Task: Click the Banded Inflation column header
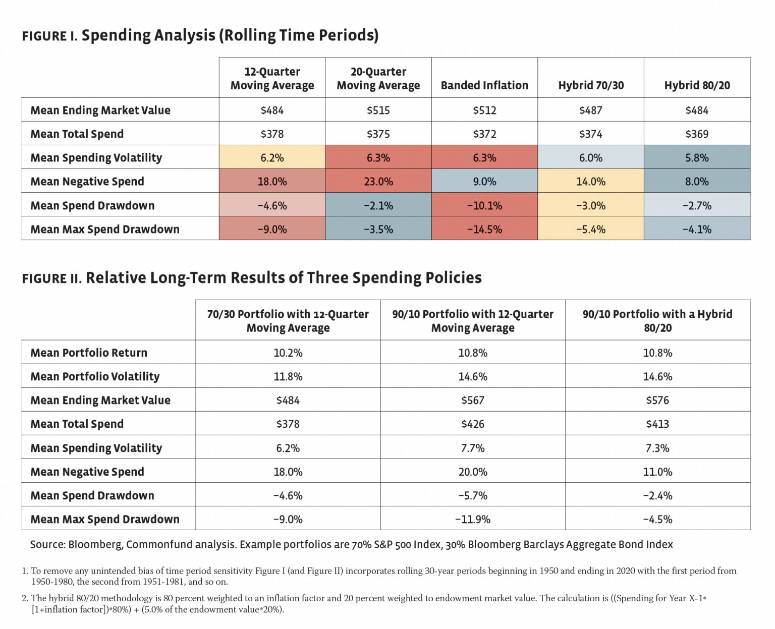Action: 484,85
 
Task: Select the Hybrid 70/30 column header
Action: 591,85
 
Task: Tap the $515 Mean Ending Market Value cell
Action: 378,110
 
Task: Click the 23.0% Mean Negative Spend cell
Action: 378,181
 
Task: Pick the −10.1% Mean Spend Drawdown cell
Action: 484,205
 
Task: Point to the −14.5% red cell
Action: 484,229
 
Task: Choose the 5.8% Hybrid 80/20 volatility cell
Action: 697,157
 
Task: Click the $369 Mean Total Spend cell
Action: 697,134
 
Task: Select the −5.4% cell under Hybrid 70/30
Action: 591,229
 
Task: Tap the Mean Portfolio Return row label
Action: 89,353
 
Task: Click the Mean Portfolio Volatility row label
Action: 95,376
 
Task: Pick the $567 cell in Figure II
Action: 473,400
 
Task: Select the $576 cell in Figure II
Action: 657,400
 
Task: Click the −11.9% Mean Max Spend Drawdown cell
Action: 473,519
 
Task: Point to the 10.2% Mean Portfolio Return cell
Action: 288,353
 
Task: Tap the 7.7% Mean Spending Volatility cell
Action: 473,448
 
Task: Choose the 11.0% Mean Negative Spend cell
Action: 657,472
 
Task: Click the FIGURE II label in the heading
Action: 51,278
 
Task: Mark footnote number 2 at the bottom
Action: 25,598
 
